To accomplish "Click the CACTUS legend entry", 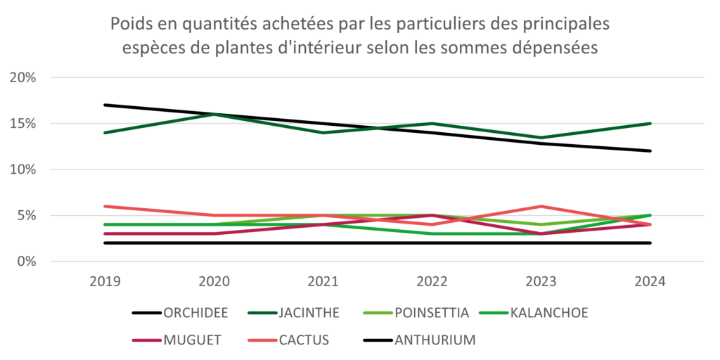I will point(302,340).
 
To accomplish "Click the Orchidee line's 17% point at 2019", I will point(105,105).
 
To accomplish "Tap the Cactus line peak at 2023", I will point(541,206).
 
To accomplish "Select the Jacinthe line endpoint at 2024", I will point(650,123).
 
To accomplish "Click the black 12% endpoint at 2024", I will point(650,150).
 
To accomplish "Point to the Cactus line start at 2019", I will point(105,206).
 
